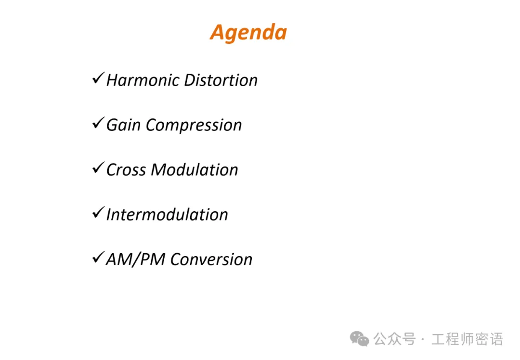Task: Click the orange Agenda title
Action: [248, 33]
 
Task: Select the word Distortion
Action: [221, 80]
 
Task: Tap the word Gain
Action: [123, 125]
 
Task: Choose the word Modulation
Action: [195, 170]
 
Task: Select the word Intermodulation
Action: [167, 215]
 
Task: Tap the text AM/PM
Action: [135, 259]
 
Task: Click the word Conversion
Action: [211, 259]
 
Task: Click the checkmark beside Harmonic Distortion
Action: [99, 78]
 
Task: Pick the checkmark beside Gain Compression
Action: [99, 123]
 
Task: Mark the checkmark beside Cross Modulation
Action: [99, 167]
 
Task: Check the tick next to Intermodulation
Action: [99, 212]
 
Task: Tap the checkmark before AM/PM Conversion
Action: [99, 257]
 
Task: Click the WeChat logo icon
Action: [360, 339]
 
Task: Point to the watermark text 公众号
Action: [395, 339]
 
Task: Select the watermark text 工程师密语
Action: [467, 339]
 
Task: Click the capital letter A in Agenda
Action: [219, 32]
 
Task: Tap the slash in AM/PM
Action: [135, 259]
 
